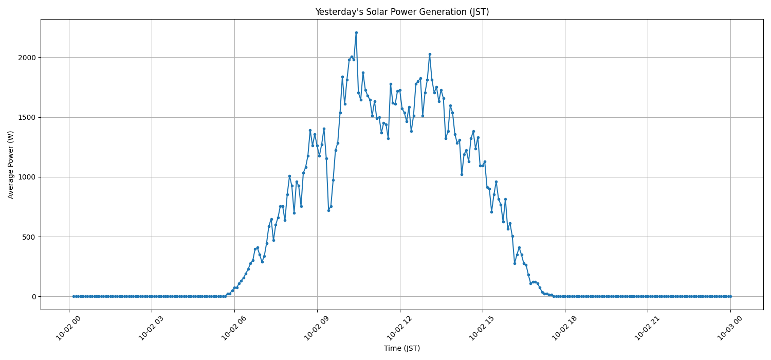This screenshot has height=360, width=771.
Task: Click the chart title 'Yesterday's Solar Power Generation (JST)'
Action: [x=402, y=12]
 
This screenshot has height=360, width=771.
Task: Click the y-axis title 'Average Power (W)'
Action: [x=11, y=165]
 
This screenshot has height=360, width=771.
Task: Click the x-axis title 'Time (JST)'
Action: [x=402, y=348]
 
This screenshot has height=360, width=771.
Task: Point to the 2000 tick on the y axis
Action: [x=28, y=58]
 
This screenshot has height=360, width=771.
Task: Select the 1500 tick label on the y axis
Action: [x=28, y=117]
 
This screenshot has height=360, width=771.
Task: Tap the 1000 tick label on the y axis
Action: [x=28, y=177]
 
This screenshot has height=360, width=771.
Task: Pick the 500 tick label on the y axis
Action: [x=30, y=237]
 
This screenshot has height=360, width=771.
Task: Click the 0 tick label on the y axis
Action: [x=34, y=297]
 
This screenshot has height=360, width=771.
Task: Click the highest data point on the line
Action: [x=356, y=32]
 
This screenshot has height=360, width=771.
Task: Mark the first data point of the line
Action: [x=74, y=296]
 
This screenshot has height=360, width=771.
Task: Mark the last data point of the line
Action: [x=730, y=296]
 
